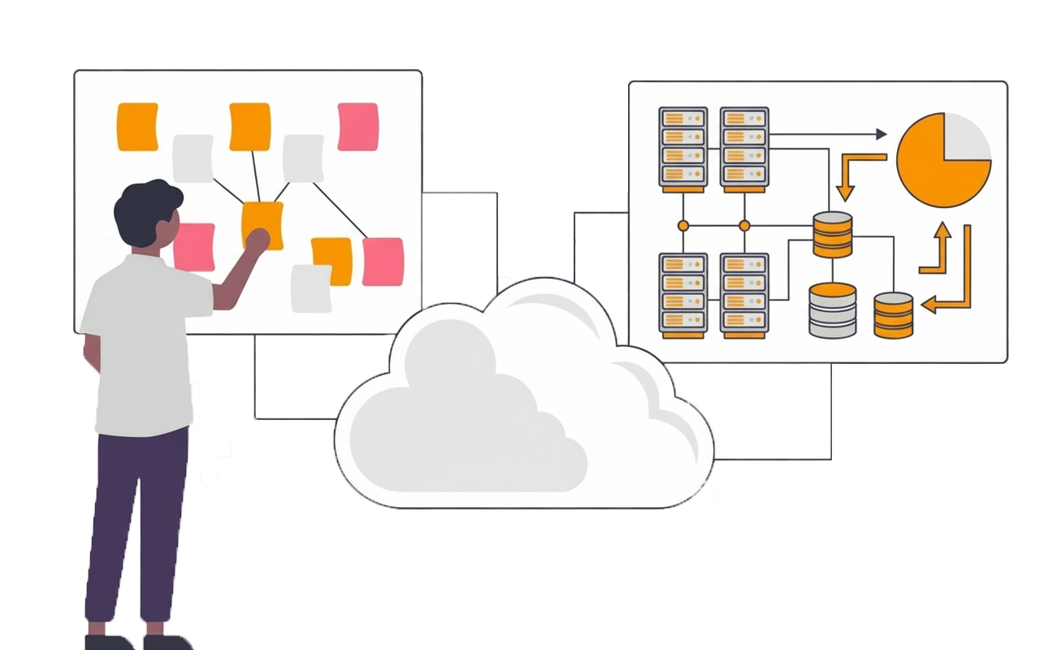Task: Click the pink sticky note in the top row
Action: point(357,126)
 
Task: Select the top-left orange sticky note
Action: point(137,126)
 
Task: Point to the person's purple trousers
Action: point(134,520)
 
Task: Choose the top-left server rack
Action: point(682,148)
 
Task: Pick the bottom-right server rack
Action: point(743,294)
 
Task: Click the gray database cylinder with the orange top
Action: point(833,310)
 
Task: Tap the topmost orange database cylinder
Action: point(833,235)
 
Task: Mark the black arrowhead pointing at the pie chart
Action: point(881,134)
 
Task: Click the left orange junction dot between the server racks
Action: point(683,225)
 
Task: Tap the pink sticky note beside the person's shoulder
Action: point(194,246)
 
